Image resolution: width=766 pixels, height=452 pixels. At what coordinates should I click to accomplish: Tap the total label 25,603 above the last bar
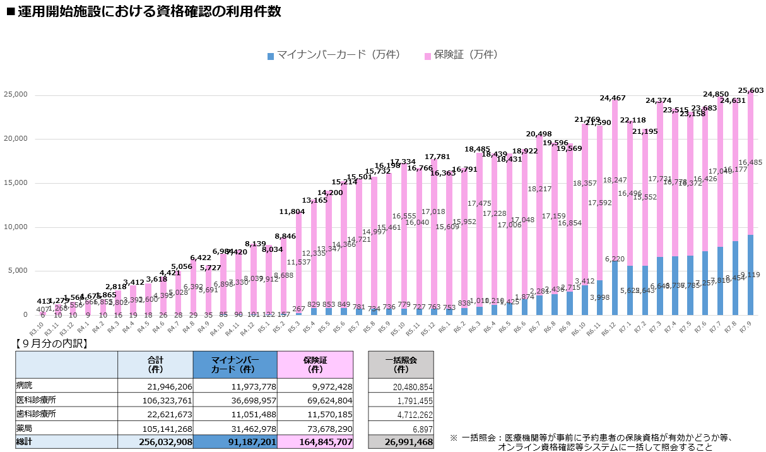(x=750, y=90)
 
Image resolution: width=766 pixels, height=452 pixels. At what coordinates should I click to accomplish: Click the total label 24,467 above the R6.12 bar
(x=613, y=98)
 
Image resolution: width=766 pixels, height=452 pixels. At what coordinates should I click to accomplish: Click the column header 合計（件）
(x=155, y=364)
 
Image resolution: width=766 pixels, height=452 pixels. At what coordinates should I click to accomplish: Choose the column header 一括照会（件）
(x=401, y=364)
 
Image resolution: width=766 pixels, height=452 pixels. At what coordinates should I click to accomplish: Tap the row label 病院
(x=25, y=386)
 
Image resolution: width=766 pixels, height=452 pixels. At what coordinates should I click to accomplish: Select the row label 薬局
(x=25, y=427)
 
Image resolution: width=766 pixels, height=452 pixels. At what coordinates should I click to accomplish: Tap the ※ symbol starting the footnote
(x=453, y=437)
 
